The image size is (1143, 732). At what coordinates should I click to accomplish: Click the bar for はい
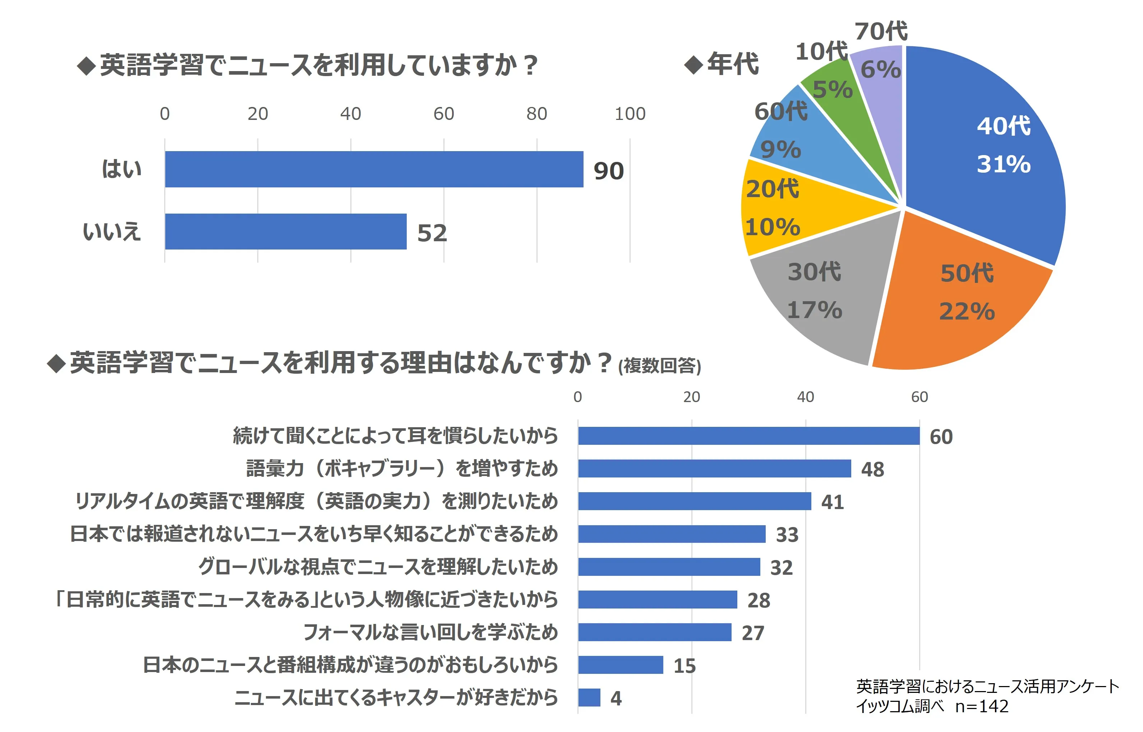[x=373, y=169]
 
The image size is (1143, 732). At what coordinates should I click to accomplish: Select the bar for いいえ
[x=285, y=232]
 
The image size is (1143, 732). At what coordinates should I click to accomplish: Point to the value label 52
[x=432, y=233]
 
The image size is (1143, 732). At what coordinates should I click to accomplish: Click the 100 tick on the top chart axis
[x=630, y=114]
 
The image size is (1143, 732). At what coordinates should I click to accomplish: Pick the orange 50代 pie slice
[x=956, y=295]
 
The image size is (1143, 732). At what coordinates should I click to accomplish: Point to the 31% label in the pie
[x=1004, y=164]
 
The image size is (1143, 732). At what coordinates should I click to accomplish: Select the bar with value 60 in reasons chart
[x=749, y=436]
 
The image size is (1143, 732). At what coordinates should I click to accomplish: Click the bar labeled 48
[x=714, y=468]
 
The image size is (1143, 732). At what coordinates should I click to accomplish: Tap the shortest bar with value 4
[x=589, y=697]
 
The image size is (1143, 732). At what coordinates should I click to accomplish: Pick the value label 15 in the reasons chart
[x=685, y=666]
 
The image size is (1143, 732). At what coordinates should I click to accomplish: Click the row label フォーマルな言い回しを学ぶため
[x=430, y=632]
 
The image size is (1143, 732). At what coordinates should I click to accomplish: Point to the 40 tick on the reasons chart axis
[x=805, y=397]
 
